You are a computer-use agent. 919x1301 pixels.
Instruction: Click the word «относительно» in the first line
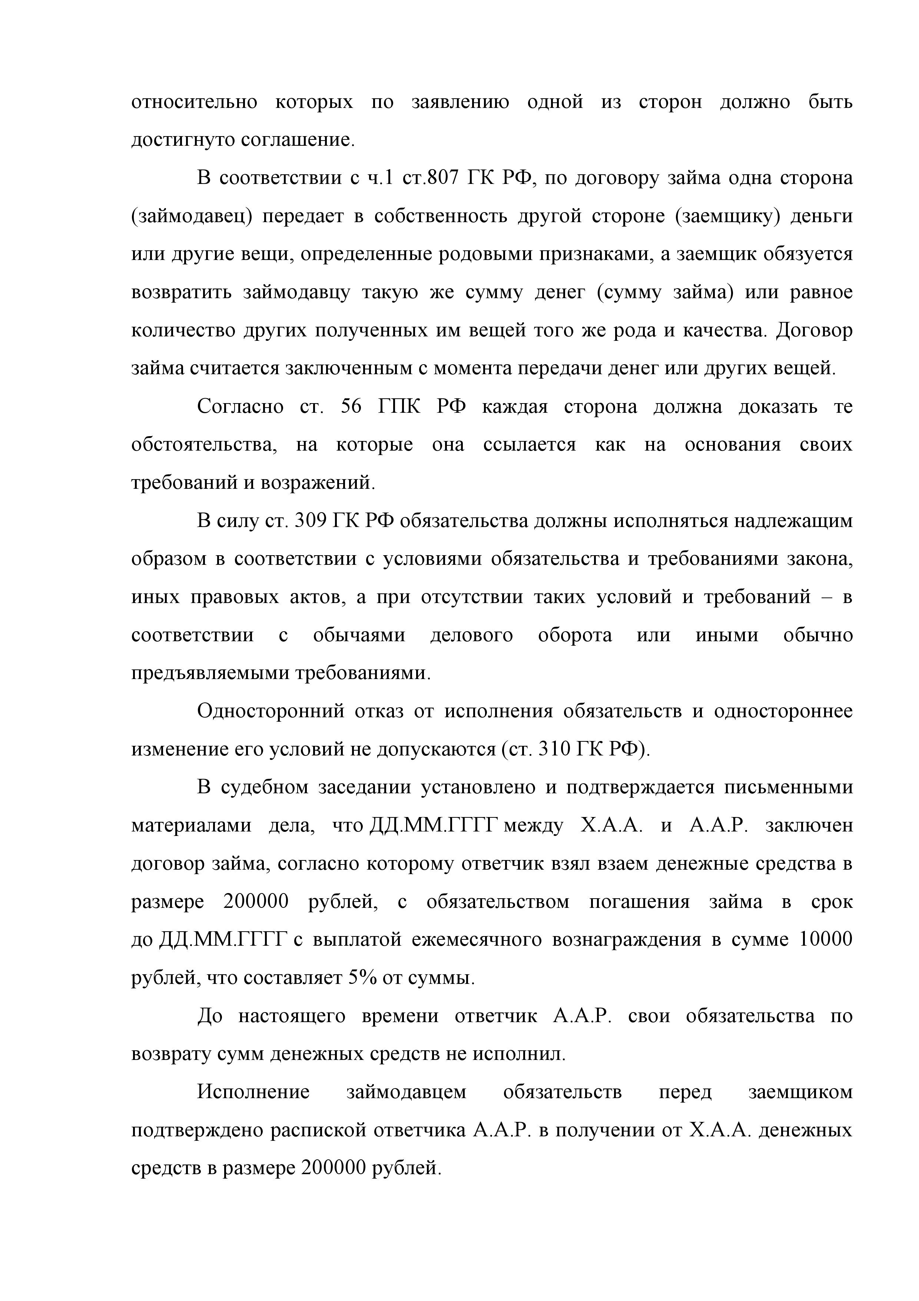pos(194,103)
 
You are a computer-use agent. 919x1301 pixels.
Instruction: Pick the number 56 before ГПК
pos(351,407)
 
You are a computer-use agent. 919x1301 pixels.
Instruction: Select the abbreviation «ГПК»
pos(399,407)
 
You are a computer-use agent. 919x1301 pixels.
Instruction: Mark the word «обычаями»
pos(359,635)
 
